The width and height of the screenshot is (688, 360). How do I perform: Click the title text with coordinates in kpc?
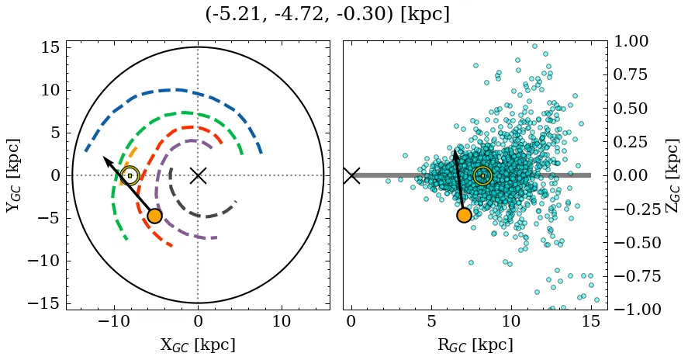[327, 14]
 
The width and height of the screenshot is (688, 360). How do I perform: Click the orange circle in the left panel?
[154, 216]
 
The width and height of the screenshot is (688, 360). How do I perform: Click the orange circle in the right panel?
[464, 215]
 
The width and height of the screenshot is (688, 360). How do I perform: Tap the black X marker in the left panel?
[198, 175]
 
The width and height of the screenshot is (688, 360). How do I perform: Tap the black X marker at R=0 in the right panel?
[351, 175]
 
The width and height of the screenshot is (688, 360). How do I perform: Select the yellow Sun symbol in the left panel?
[130, 176]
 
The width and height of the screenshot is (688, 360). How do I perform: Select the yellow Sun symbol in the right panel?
[482, 176]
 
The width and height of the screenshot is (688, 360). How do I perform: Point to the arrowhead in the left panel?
[105, 159]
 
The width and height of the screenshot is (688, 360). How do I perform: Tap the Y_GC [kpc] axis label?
[13, 175]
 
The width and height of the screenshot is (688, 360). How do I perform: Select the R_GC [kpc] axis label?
[475, 344]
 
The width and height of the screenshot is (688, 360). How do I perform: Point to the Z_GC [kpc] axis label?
[672, 175]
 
